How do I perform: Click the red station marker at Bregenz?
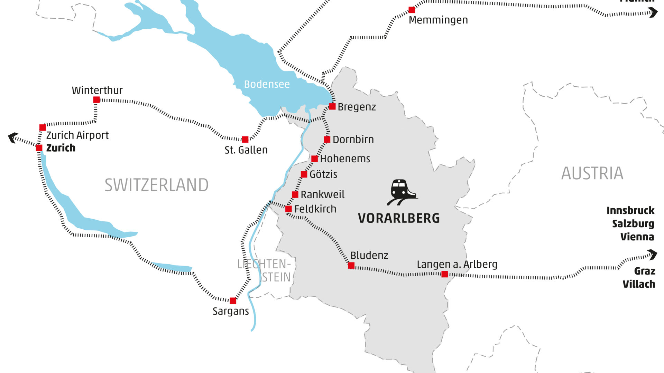(x=332, y=106)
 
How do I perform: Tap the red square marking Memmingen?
(x=412, y=10)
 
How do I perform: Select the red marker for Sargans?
(x=233, y=300)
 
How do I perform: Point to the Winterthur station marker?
(x=96, y=100)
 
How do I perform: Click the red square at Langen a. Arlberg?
(x=445, y=274)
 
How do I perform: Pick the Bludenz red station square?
(x=351, y=266)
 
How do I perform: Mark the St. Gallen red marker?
(x=245, y=140)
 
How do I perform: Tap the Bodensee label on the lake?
(x=267, y=84)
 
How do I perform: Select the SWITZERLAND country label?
(x=156, y=185)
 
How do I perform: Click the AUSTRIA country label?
(x=592, y=173)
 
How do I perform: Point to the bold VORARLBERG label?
(x=399, y=218)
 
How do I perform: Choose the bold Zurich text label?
(x=61, y=148)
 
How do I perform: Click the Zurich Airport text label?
(x=77, y=135)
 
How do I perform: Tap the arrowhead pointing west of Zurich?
(x=13, y=137)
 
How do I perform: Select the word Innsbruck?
(x=630, y=210)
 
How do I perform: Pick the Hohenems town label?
(x=345, y=159)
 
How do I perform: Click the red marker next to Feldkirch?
(x=288, y=209)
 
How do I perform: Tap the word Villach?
(x=638, y=284)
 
